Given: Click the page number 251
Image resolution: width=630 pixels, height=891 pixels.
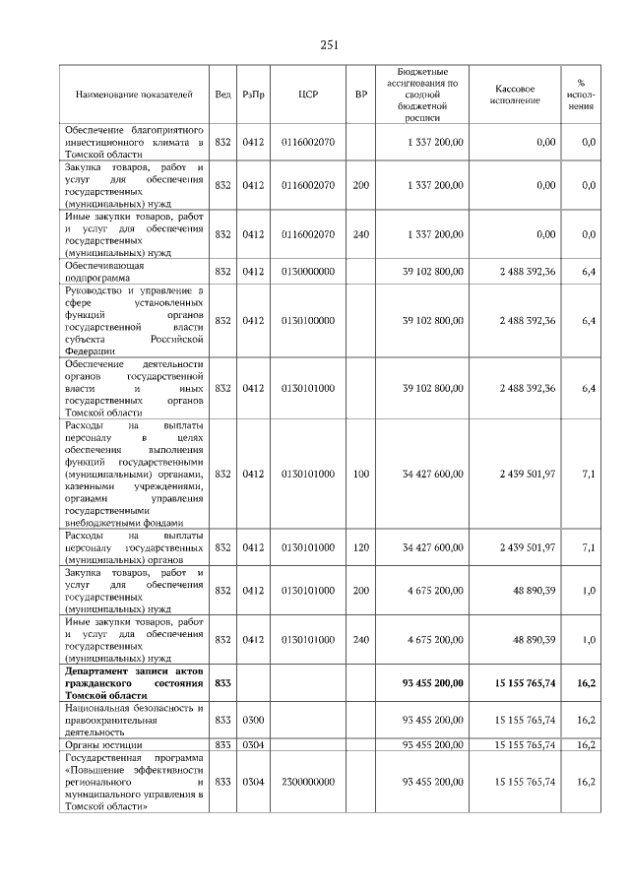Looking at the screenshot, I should point(329,44).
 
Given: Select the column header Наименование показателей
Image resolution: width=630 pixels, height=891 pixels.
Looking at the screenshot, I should point(134,95).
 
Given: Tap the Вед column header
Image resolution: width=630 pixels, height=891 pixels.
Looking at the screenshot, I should point(222,95).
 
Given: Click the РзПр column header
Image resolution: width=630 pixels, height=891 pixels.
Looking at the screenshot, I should point(253,95).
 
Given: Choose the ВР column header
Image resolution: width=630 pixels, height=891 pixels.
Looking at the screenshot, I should point(361,95).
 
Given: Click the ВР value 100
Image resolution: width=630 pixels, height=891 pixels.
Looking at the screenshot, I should point(361,474).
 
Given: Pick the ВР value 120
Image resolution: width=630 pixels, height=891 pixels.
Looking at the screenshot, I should point(361,547).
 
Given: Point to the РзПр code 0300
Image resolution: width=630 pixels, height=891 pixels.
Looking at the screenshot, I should point(253,720).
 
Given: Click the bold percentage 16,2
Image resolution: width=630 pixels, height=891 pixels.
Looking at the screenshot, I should point(587,681).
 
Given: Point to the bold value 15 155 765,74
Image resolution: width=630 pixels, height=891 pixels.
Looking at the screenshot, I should point(525,681).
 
